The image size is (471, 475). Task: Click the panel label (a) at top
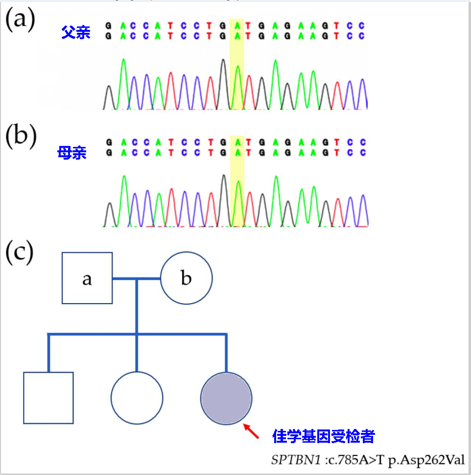pyautogui.click(x=20, y=21)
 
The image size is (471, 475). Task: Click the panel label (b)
pyautogui.click(x=21, y=138)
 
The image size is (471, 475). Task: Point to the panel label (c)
pyautogui.click(x=19, y=252)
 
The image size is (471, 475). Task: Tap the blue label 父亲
pyautogui.click(x=76, y=33)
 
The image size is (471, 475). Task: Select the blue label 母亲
pyautogui.click(x=72, y=153)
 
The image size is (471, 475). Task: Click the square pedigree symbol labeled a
pyautogui.click(x=87, y=278)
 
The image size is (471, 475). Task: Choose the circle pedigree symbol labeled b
pyautogui.click(x=187, y=278)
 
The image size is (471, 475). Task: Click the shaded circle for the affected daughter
pyautogui.click(x=226, y=398)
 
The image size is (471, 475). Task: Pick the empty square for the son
pyautogui.click(x=48, y=398)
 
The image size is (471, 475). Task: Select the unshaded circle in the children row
pyautogui.click(x=137, y=398)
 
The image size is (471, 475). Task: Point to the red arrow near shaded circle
pyautogui.click(x=251, y=431)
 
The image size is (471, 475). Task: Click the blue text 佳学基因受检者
pyautogui.click(x=324, y=436)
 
